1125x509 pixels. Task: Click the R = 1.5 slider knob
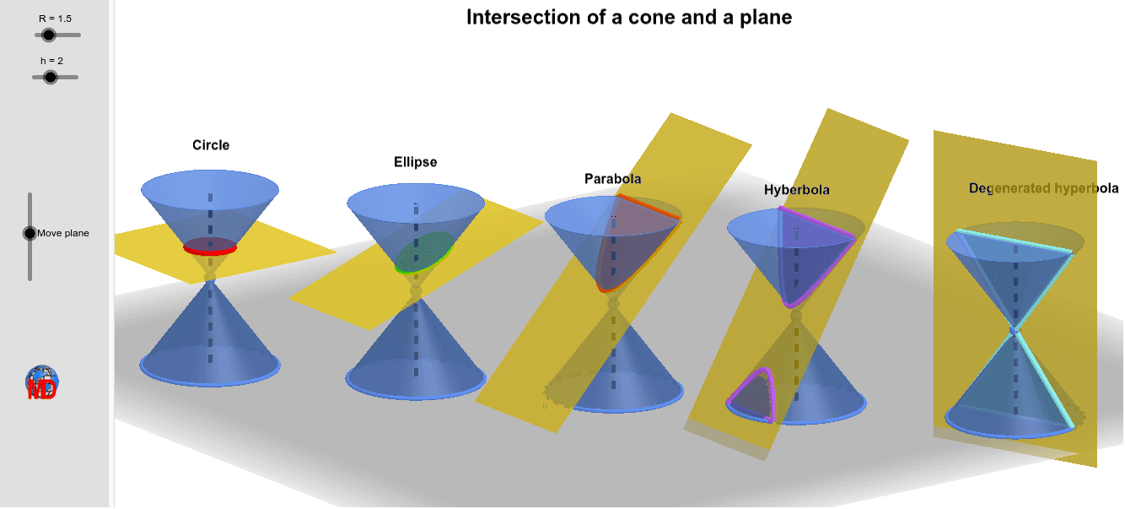[48, 35]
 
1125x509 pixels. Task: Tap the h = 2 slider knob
[50, 77]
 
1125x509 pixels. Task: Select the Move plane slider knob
[30, 233]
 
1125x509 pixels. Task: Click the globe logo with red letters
[41, 383]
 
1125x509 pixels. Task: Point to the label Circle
[211, 145]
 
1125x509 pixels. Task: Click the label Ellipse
[416, 162]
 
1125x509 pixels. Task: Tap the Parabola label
[612, 179]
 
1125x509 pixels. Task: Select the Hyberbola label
[796, 190]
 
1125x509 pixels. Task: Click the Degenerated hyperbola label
[1043, 188]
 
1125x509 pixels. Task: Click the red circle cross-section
[210, 247]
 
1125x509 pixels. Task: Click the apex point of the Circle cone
[210, 276]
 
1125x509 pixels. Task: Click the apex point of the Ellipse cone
[415, 291]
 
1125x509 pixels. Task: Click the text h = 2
[51, 60]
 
